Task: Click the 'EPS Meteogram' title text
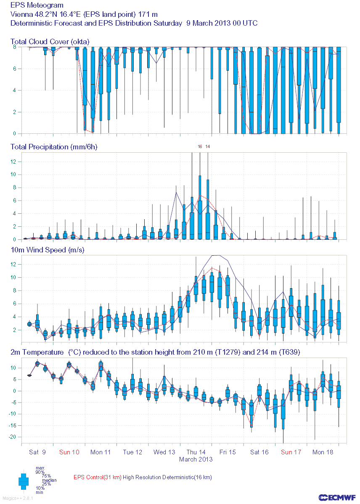37,5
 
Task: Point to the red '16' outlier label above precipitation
200,146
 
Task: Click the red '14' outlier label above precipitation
208,146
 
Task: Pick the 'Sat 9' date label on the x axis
37,452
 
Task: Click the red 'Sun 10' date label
69,452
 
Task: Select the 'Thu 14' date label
196,452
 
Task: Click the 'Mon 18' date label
323,452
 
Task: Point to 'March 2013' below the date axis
196,459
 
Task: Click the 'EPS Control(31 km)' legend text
97,477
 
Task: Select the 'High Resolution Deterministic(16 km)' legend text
167,477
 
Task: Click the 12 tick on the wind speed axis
13,264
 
